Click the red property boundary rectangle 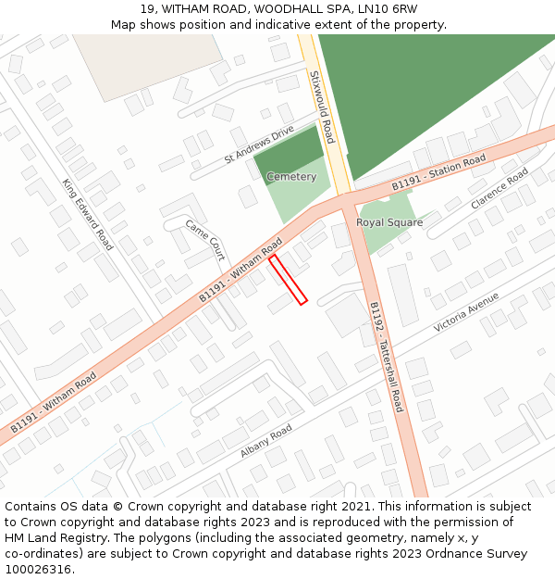tap(288, 280)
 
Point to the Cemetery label tap(291, 177)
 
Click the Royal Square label tap(389, 222)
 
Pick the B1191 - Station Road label tap(438, 173)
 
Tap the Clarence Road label tap(499, 189)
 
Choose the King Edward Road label tap(88, 214)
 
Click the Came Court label tap(204, 239)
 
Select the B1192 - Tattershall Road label tap(386, 357)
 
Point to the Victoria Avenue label tap(466, 312)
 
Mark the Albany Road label tap(266, 441)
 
